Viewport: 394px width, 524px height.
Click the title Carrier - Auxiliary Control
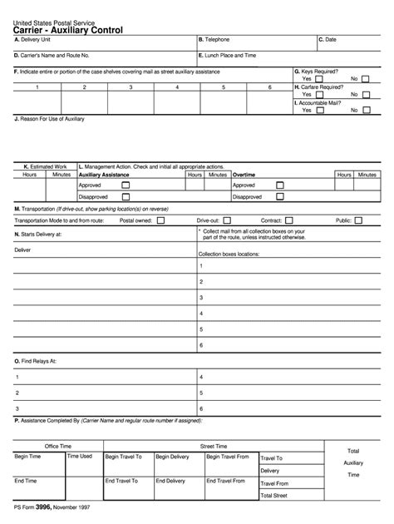(68, 30)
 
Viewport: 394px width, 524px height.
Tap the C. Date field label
(328, 40)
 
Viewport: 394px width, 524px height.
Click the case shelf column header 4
(176, 87)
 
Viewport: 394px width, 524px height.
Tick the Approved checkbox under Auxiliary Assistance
(126, 185)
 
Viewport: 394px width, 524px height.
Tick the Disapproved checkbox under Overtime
(279, 197)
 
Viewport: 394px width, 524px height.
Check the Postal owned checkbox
(160, 220)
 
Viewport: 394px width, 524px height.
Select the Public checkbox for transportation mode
(359, 220)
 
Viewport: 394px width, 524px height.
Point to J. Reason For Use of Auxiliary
(50, 119)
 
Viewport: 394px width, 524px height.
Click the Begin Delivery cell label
(172, 457)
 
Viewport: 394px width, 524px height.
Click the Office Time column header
(58, 446)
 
